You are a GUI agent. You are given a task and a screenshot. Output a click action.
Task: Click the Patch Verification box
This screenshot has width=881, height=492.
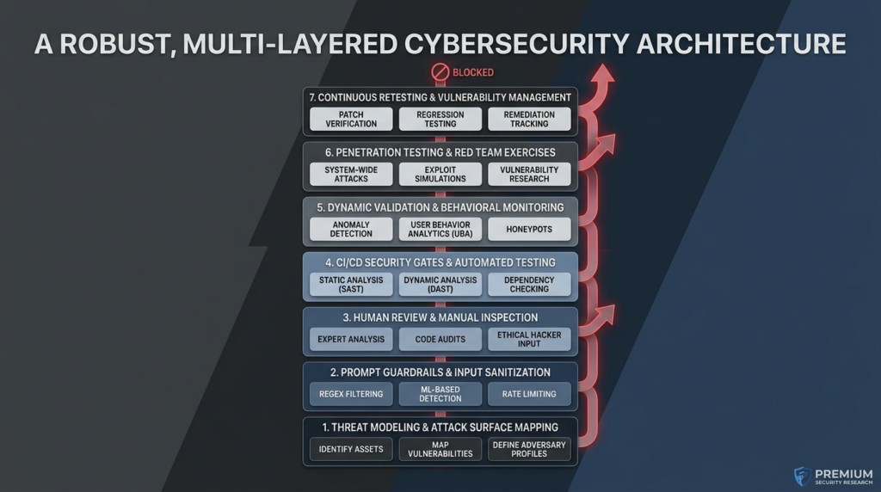point(351,119)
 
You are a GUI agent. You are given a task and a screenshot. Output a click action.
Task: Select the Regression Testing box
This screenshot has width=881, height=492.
point(440,119)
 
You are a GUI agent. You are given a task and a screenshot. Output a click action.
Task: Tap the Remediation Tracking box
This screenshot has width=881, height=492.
point(529,119)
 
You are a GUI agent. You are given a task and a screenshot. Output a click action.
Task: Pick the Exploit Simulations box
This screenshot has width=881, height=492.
point(440,174)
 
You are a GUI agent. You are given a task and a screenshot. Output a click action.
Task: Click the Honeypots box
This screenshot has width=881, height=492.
point(529,229)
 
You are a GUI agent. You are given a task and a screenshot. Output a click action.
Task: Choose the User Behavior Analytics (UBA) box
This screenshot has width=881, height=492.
point(440,229)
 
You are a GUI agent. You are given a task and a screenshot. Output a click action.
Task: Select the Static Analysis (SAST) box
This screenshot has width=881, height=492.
point(351,284)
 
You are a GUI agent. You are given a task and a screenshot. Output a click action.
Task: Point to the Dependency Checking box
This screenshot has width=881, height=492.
point(529,284)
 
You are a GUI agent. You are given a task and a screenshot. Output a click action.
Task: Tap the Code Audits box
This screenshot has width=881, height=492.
point(440,339)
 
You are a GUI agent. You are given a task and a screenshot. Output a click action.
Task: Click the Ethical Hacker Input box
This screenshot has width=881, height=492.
point(529,339)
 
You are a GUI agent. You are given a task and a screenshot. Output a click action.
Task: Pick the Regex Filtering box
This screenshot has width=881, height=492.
point(351,394)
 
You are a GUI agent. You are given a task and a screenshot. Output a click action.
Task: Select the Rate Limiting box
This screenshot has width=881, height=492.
point(529,394)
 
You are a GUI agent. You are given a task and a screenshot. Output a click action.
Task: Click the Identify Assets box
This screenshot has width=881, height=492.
point(351,449)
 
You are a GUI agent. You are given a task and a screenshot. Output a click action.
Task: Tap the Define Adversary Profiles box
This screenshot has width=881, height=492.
point(529,449)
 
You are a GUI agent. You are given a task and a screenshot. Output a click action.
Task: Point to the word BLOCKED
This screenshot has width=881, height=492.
point(473,72)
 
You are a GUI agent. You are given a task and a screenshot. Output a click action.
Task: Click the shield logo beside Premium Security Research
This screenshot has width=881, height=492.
point(801,476)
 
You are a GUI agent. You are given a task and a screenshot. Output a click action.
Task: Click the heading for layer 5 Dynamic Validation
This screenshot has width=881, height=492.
point(440,207)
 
